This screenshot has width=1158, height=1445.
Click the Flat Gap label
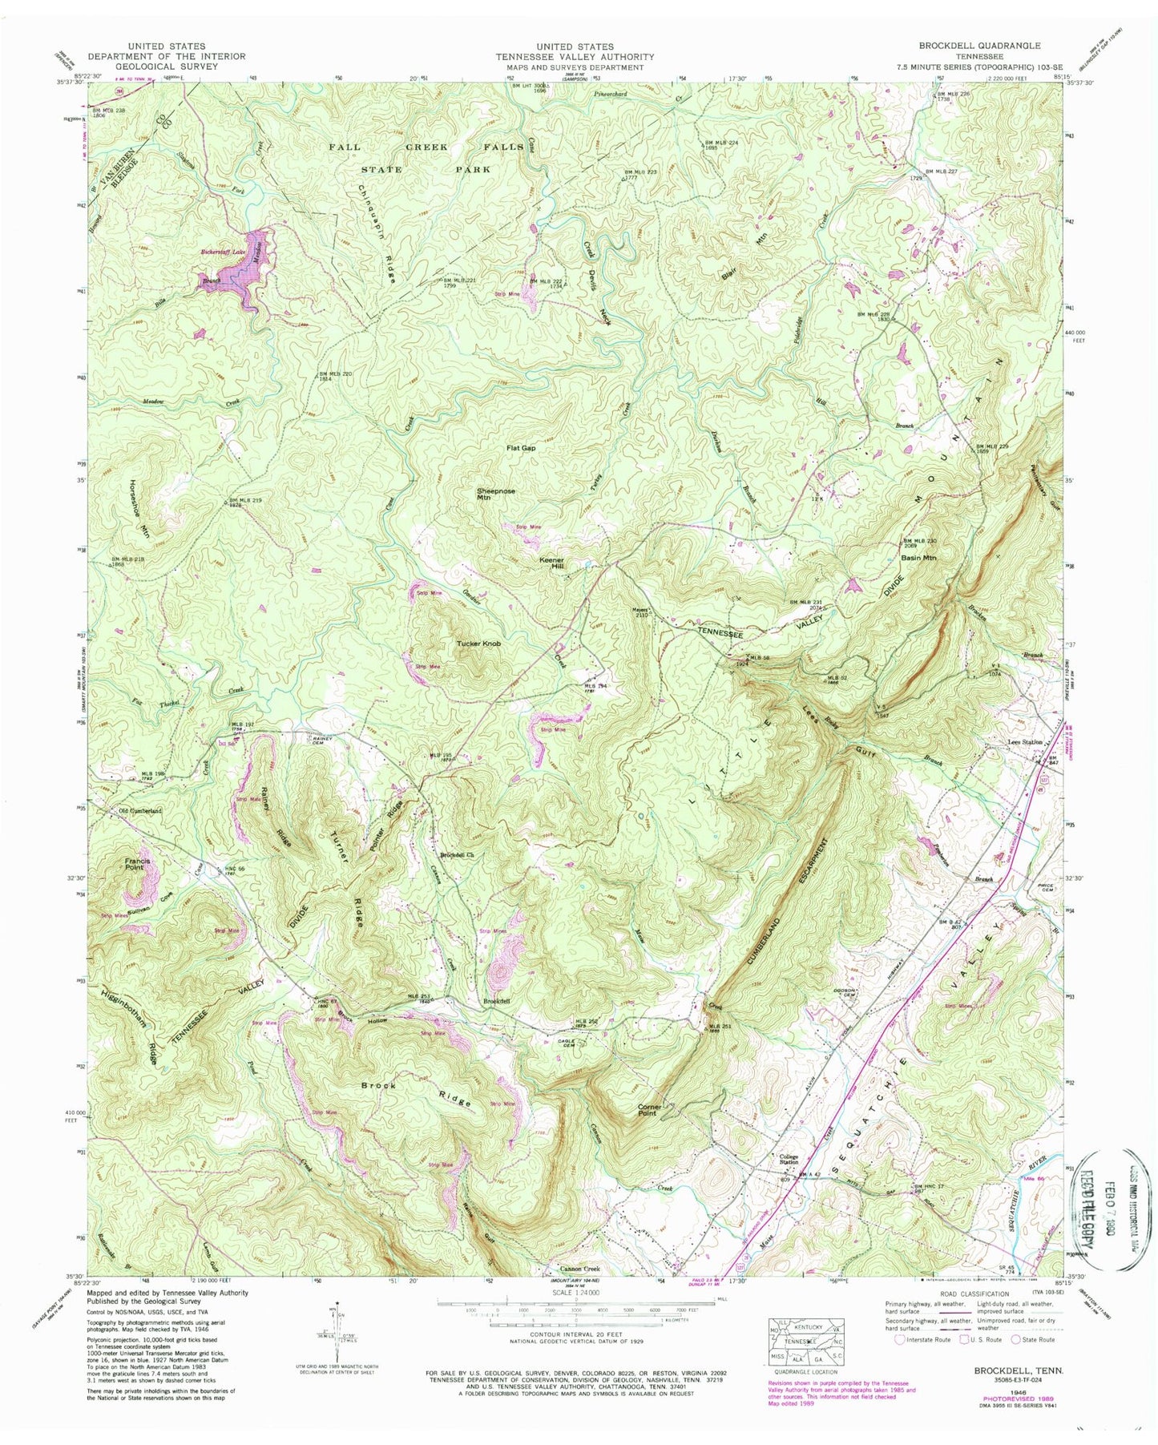click(x=521, y=448)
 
